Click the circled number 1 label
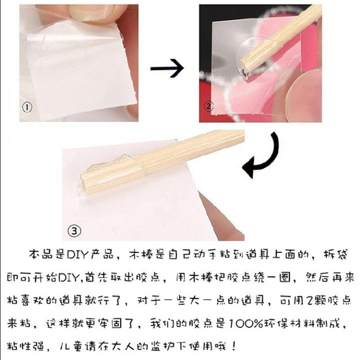pos(27,108)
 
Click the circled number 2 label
pos(209,106)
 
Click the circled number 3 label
pos(74,231)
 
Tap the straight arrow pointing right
pos(167,68)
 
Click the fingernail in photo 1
pos(92,13)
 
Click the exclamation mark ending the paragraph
pos(234,346)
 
